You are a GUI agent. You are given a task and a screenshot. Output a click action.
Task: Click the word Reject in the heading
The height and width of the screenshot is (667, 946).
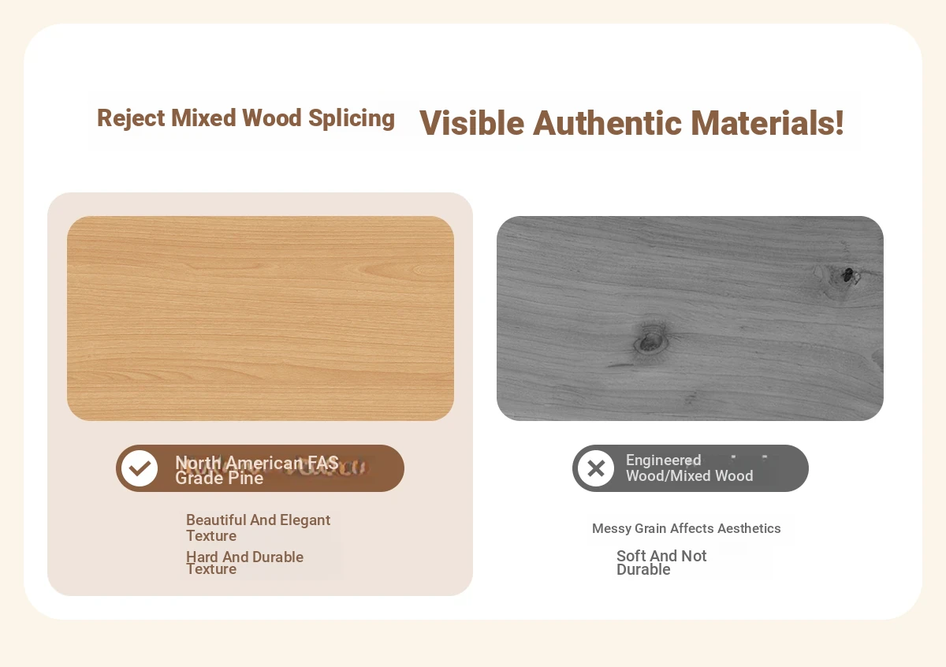click(131, 118)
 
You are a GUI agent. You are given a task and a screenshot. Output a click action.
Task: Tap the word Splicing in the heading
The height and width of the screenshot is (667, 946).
click(352, 118)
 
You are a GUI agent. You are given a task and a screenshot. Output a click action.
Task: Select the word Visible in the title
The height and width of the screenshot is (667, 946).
click(471, 123)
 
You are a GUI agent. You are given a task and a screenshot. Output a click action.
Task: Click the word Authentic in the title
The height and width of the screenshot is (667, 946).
click(607, 123)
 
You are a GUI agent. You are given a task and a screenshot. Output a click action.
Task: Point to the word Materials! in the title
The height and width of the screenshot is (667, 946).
click(767, 123)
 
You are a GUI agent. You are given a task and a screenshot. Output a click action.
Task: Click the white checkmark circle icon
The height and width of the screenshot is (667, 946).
click(140, 468)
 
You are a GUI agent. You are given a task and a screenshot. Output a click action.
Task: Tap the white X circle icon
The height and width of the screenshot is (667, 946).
click(596, 468)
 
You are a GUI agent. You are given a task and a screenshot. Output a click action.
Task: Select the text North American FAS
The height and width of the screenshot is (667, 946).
click(257, 463)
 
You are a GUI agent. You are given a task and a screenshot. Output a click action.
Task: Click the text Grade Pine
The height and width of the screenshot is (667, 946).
click(219, 479)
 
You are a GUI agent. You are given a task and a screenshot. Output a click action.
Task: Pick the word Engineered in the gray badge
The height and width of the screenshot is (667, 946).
click(664, 460)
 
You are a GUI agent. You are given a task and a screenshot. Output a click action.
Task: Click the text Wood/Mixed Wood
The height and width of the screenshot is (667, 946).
click(690, 475)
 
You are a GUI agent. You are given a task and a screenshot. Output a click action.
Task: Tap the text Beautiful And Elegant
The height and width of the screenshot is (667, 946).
click(258, 520)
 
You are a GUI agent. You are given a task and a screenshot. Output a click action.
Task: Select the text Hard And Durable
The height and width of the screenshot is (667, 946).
click(245, 557)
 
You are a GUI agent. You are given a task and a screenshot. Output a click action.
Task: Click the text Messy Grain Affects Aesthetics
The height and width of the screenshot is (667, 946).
click(687, 528)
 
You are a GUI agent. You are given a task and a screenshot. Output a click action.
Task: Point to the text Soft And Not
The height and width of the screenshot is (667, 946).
click(661, 556)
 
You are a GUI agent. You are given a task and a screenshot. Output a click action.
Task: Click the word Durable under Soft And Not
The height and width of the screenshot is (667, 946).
click(643, 569)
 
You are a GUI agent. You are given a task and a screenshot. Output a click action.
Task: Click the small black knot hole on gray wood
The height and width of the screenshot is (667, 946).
click(847, 275)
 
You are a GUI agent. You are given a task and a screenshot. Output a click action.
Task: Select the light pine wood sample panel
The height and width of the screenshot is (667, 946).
click(261, 319)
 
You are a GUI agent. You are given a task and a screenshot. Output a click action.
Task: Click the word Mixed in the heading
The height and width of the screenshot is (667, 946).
click(203, 118)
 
